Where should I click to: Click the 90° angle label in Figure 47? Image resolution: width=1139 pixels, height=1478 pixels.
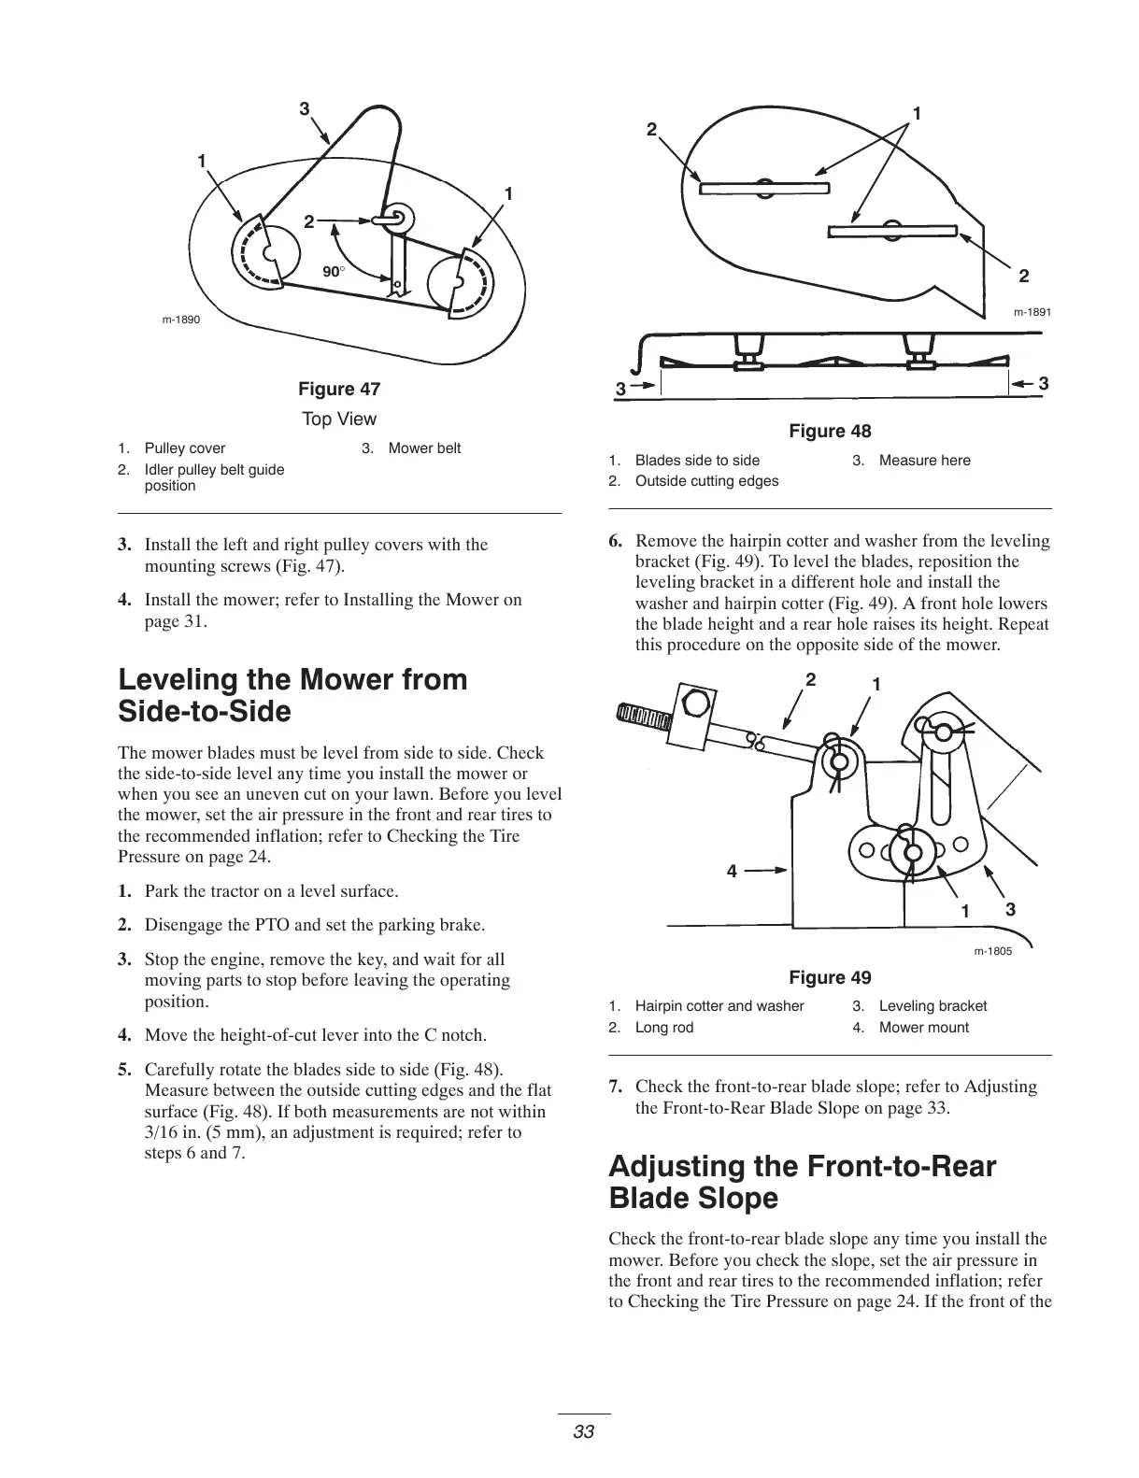click(334, 271)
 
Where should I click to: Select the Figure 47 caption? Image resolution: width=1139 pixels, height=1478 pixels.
click(339, 389)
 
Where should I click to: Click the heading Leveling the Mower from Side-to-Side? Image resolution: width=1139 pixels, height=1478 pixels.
click(293, 695)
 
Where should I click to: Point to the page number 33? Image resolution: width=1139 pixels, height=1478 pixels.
click(584, 1432)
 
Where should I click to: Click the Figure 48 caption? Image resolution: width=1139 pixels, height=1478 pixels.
click(830, 431)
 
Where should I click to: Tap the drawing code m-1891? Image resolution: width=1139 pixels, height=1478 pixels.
click(1032, 312)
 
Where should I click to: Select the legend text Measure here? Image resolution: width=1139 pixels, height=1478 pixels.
click(924, 460)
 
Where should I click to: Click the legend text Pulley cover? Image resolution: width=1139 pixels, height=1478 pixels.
click(185, 448)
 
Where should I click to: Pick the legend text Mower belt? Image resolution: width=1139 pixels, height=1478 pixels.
click(424, 448)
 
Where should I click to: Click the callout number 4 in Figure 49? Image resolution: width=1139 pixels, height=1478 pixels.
click(732, 871)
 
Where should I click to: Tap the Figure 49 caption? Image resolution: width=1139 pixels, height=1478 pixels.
click(830, 977)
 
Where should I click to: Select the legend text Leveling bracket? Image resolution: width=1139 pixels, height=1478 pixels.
click(933, 1005)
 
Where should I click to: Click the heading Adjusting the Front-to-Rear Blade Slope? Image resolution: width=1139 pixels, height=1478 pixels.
click(802, 1182)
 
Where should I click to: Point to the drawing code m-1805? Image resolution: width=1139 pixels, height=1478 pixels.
click(992, 951)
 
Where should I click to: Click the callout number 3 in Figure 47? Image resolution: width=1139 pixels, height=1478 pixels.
click(304, 109)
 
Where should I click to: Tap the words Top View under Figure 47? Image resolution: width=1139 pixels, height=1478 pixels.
click(339, 419)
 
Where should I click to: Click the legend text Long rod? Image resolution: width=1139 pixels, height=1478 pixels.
click(663, 1027)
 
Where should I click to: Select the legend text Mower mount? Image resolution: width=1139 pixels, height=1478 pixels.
click(923, 1027)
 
